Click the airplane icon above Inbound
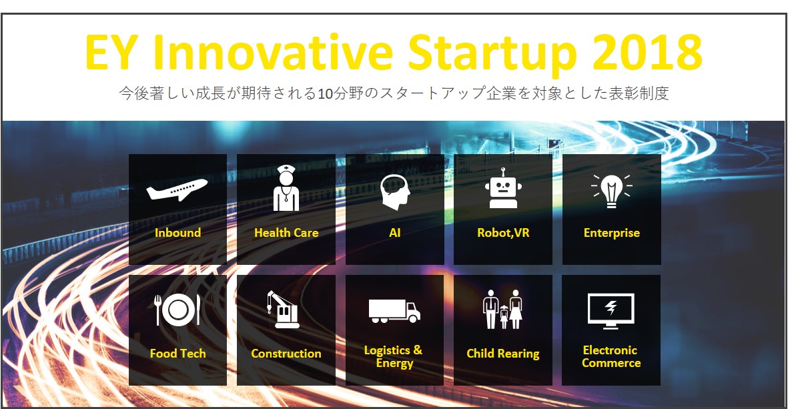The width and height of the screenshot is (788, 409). click(177, 189)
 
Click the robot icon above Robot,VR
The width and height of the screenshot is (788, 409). click(503, 188)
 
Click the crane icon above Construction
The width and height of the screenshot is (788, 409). click(282, 310)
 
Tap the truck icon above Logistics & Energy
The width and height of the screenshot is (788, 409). click(394, 311)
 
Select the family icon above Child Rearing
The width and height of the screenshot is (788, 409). click(502, 309)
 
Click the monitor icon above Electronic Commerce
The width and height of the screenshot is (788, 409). click(611, 311)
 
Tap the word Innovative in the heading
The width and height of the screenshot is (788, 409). click(273, 51)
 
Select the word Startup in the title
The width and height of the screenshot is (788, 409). click(492, 53)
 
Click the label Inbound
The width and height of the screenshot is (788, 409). click(178, 233)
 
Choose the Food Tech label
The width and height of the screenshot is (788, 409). click(178, 353)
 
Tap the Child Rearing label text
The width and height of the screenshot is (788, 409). click(503, 354)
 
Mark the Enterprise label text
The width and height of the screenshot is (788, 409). click(612, 233)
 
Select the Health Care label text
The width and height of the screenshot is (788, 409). click(286, 233)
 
